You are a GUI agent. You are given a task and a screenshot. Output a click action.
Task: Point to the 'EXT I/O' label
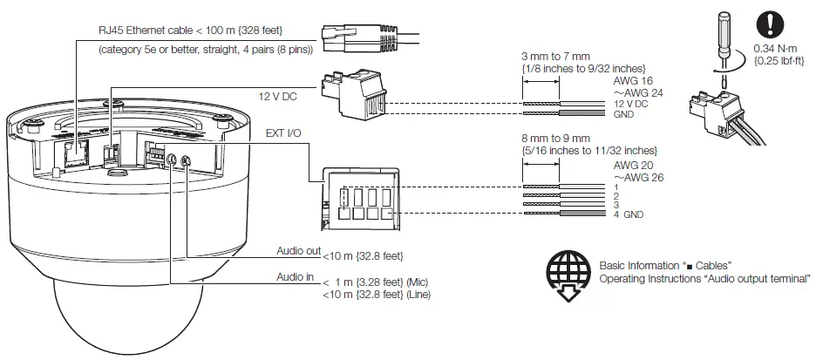point(282,133)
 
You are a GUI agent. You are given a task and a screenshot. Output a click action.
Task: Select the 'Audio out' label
point(297,250)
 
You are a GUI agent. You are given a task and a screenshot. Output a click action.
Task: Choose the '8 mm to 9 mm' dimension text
point(556,139)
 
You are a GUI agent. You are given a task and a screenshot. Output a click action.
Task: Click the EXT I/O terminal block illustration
point(359,200)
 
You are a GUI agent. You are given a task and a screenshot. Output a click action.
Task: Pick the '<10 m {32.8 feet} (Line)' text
point(377,295)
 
